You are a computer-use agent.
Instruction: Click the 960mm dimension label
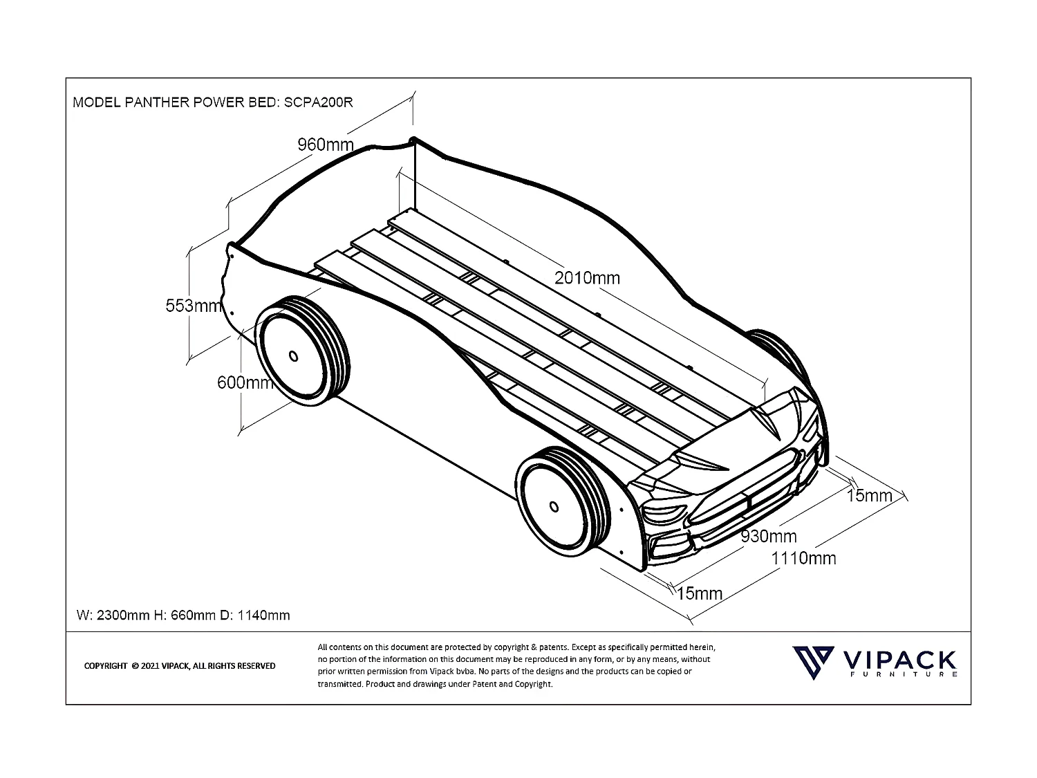[325, 145]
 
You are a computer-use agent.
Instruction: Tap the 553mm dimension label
[193, 305]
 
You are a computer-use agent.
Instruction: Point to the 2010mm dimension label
[587, 278]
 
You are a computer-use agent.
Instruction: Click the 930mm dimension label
[768, 536]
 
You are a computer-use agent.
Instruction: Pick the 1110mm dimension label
[803, 558]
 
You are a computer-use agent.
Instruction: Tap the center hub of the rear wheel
[293, 356]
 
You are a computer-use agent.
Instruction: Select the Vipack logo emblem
[811, 663]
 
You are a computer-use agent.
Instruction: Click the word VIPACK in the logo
[898, 658]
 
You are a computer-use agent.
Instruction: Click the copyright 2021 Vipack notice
[179, 666]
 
